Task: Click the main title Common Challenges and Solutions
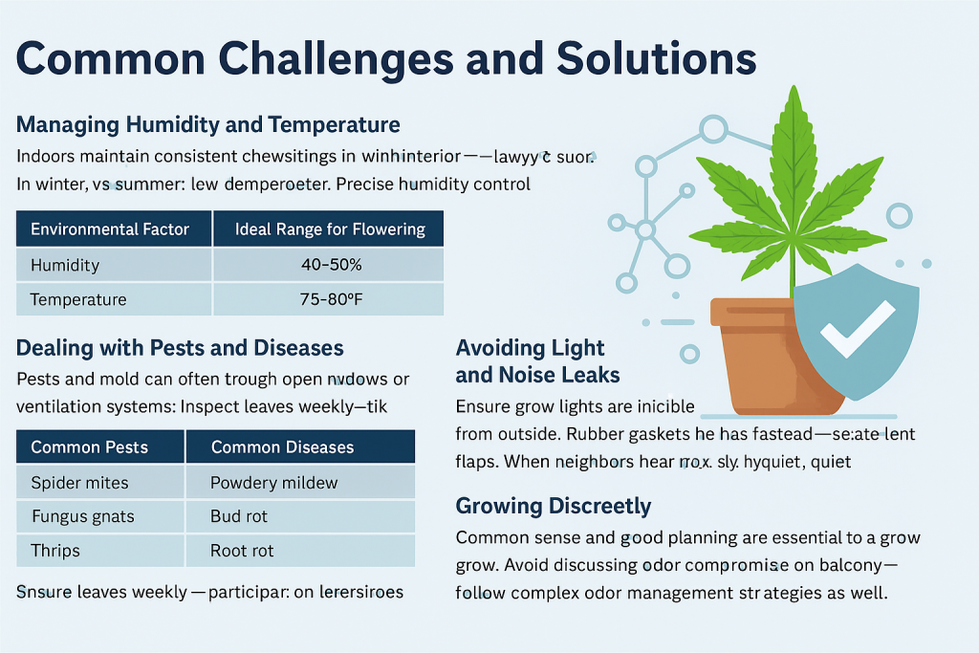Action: pyautogui.click(x=386, y=59)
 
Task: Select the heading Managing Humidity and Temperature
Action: pyautogui.click(x=208, y=125)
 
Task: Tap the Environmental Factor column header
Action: pyautogui.click(x=110, y=229)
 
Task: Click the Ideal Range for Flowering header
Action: pyautogui.click(x=330, y=229)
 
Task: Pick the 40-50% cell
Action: pyautogui.click(x=330, y=265)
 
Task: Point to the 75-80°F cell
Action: pyautogui.click(x=330, y=299)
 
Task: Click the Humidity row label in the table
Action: pyautogui.click(x=65, y=265)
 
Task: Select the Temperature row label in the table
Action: pyautogui.click(x=78, y=299)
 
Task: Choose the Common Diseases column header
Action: pyautogui.click(x=282, y=446)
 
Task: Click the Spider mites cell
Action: pyautogui.click(x=79, y=482)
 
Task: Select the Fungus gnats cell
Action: pyautogui.click(x=82, y=516)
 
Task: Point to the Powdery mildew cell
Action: pyautogui.click(x=274, y=482)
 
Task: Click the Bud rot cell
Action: pyautogui.click(x=239, y=516)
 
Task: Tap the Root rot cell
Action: pyautogui.click(x=242, y=551)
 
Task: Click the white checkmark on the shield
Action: pyautogui.click(x=858, y=329)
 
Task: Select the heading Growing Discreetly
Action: pyautogui.click(x=554, y=506)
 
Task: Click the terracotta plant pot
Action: pyautogui.click(x=755, y=354)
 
